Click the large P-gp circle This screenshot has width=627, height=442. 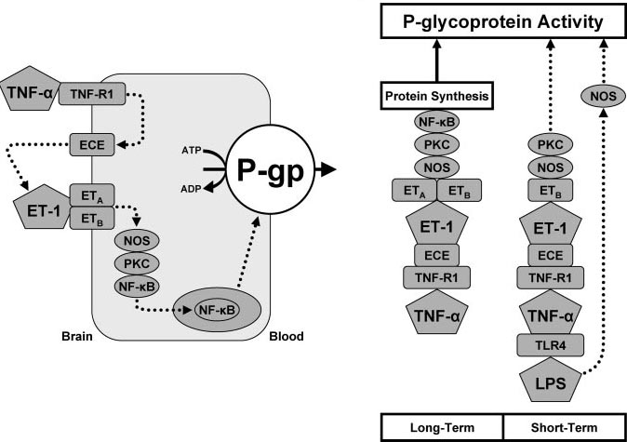click(276, 169)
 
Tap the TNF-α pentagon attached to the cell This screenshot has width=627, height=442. click(30, 92)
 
